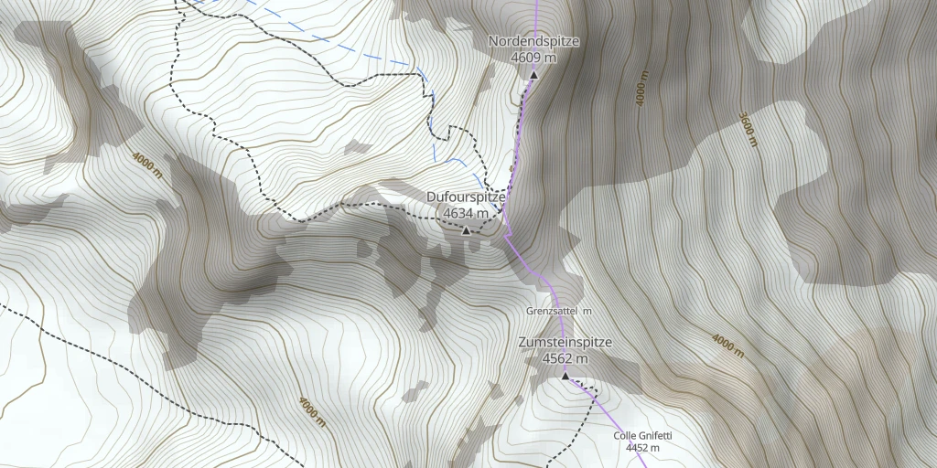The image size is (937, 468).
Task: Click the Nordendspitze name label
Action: click(533, 41)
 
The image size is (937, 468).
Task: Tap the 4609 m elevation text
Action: click(533, 57)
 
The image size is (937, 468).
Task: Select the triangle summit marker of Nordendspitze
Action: click(533, 75)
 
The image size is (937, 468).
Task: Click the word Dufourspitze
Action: click(466, 197)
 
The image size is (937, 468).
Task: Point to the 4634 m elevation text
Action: click(466, 213)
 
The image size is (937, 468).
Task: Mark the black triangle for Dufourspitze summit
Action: click(466, 230)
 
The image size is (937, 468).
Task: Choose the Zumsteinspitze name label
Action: click(565, 342)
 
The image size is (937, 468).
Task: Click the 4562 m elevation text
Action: click(565, 358)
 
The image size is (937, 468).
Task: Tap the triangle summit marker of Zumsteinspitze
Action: click(565, 376)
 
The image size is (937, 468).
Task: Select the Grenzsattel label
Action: click(552, 312)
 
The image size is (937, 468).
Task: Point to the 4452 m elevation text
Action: click(642, 448)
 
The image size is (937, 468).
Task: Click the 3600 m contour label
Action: click(749, 129)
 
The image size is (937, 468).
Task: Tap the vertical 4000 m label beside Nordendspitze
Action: click(642, 88)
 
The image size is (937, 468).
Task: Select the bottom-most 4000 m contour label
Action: click(311, 411)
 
